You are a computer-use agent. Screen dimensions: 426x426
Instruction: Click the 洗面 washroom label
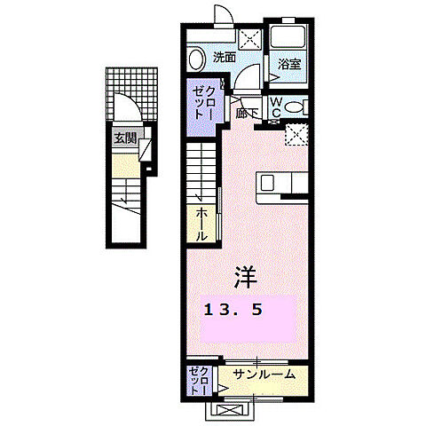pyautogui.click(x=224, y=58)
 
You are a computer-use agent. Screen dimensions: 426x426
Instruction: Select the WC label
pyautogui.click(x=276, y=107)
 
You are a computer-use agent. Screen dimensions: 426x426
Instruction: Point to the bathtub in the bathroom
pyautogui.click(x=288, y=39)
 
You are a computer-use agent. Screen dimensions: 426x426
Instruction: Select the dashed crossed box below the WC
pyautogui.click(x=296, y=134)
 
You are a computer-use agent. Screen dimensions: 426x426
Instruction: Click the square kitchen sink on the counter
pyautogui.click(x=269, y=182)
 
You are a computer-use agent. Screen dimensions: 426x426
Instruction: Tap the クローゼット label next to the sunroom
pyautogui.click(x=198, y=381)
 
